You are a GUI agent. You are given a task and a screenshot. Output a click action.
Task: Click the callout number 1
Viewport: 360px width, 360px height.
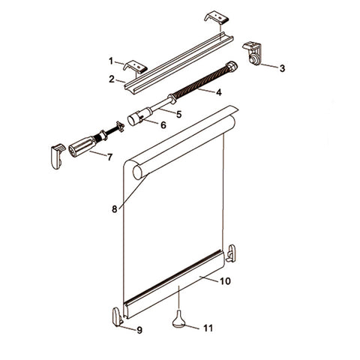coord(111,61)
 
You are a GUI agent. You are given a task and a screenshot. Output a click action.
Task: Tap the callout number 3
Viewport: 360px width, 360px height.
coord(282,68)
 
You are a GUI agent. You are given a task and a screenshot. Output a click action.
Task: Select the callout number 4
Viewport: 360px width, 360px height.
coord(218,93)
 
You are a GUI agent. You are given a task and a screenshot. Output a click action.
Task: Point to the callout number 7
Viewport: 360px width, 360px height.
coord(109,157)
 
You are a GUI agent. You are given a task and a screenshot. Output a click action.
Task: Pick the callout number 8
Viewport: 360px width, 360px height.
coord(114,209)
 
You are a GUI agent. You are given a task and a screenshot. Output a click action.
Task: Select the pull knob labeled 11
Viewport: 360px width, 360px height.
coord(178,321)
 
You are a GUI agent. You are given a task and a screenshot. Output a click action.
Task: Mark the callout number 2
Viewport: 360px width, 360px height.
coord(111,78)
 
